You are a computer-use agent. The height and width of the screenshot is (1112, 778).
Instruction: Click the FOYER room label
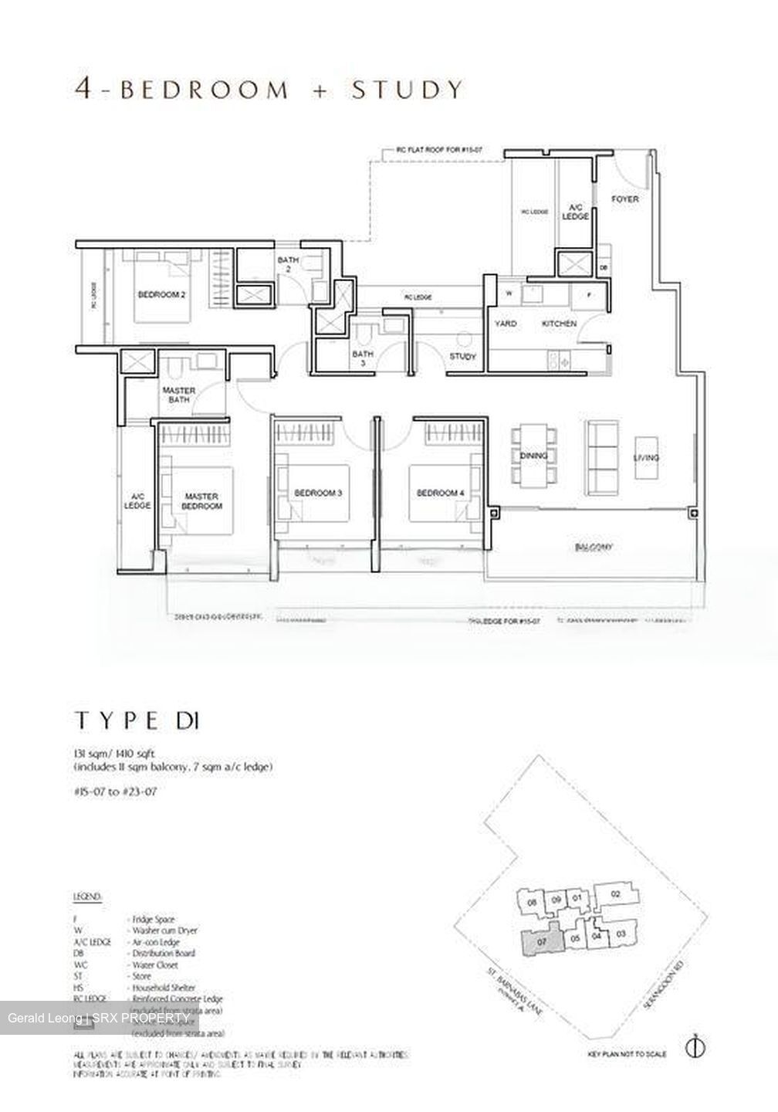[624, 199]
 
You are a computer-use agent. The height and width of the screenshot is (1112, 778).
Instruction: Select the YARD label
[506, 324]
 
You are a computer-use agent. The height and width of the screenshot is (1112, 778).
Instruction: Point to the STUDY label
[463, 356]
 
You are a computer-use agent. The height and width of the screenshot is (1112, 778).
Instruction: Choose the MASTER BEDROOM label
[202, 501]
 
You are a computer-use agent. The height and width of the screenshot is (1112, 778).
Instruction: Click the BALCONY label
[593, 547]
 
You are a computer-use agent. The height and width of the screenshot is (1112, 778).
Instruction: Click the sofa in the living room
[600, 458]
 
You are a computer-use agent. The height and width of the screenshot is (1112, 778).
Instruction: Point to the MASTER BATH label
[178, 395]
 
